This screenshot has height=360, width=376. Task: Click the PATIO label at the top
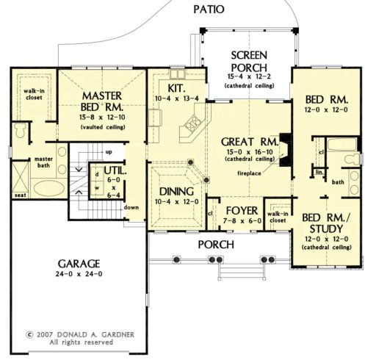209,10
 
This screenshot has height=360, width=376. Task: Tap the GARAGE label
81,263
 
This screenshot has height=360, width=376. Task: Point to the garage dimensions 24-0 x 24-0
81,274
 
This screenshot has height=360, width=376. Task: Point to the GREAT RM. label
249,141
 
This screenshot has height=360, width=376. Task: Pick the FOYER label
233,198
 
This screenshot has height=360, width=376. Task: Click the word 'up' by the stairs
109,151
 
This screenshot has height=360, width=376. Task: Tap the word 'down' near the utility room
131,207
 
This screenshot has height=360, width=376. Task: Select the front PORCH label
215,244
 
